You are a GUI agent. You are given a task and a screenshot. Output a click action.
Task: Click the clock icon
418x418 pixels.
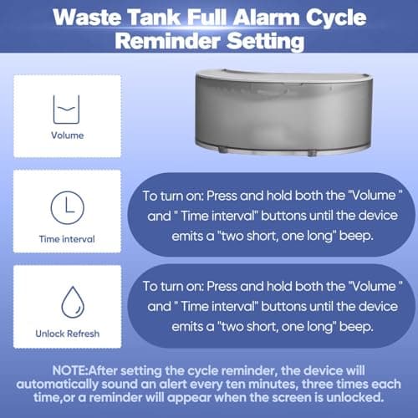pyautogui.click(x=67, y=206)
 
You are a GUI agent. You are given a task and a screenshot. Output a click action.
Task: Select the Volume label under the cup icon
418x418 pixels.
pyautogui.click(x=67, y=134)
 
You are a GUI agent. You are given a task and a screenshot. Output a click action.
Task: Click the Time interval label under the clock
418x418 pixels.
pyautogui.click(x=67, y=239)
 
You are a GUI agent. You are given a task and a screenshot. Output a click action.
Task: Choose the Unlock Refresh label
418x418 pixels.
pyautogui.click(x=67, y=334)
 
